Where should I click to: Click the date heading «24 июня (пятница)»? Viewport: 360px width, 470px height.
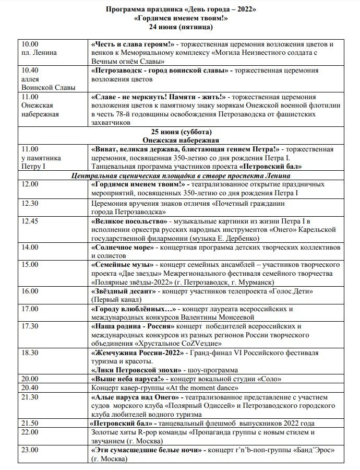coord(181,27)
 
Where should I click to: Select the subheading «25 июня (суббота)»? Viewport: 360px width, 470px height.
coord(181,132)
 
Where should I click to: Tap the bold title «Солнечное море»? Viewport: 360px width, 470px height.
coord(123,247)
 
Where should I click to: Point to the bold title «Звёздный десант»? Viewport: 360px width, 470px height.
coord(123,291)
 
